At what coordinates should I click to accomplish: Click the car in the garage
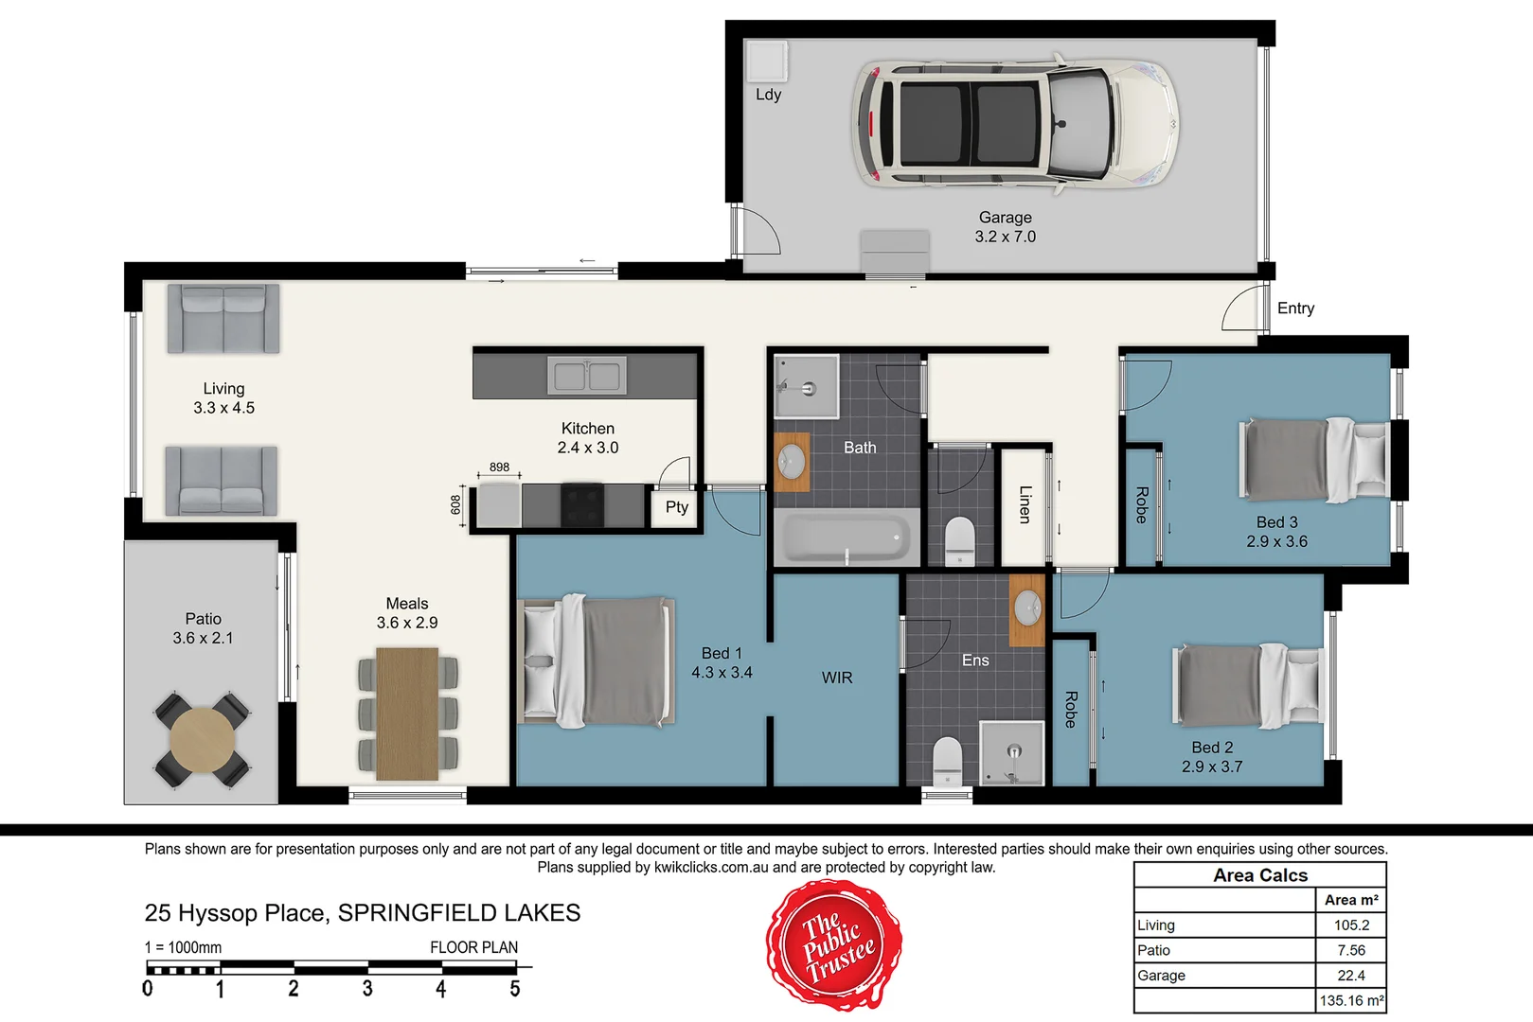tap(1015, 123)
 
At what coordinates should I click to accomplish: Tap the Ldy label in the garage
tap(768, 95)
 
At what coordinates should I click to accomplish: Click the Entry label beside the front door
tap(1294, 308)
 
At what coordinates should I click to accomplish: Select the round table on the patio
tap(203, 741)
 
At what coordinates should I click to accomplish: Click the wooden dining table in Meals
tap(407, 714)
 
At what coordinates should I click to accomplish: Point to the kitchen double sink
tap(586, 376)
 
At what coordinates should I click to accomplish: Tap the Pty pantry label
tap(676, 507)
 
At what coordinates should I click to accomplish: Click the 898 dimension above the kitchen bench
tap(499, 467)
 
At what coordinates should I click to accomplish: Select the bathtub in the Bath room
tap(846, 538)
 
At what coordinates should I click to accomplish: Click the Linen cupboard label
tap(1025, 504)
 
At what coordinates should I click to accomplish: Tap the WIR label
tap(836, 678)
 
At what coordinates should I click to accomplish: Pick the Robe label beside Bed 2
tap(1071, 709)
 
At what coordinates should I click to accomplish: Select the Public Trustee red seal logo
tap(833, 945)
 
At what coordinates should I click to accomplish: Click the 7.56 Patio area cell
tap(1350, 950)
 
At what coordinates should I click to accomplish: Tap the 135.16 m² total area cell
tap(1350, 1000)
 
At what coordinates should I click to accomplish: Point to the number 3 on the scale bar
tap(367, 989)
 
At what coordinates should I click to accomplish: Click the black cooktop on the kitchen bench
tap(581, 504)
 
